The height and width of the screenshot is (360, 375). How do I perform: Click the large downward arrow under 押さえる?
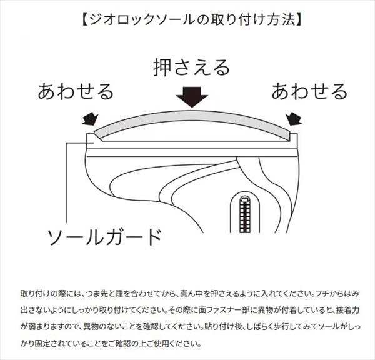coord(192,97)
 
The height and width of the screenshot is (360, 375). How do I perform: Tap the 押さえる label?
coord(192,67)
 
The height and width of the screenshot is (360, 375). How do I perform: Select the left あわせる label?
coord(76,91)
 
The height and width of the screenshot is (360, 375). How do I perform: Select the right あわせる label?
coord(309,91)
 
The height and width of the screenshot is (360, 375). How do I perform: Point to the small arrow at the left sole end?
coord(91,119)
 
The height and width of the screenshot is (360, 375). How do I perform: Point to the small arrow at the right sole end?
coord(294,119)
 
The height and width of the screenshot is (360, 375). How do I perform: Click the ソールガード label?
coord(104,237)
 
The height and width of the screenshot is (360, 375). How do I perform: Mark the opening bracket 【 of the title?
coord(84,20)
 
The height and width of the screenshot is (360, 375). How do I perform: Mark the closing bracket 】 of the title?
coord(299,20)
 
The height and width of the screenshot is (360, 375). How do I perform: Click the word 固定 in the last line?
coord(42,344)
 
